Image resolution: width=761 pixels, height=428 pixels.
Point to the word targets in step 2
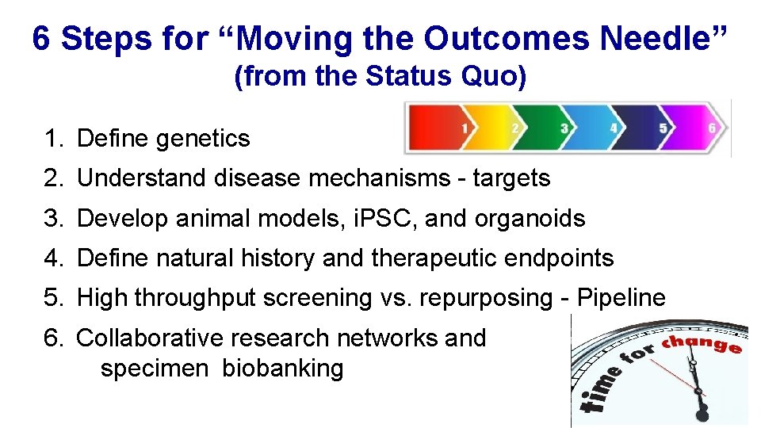511,178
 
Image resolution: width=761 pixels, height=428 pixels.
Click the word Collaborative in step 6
150,338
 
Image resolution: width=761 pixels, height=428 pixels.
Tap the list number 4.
52,258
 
